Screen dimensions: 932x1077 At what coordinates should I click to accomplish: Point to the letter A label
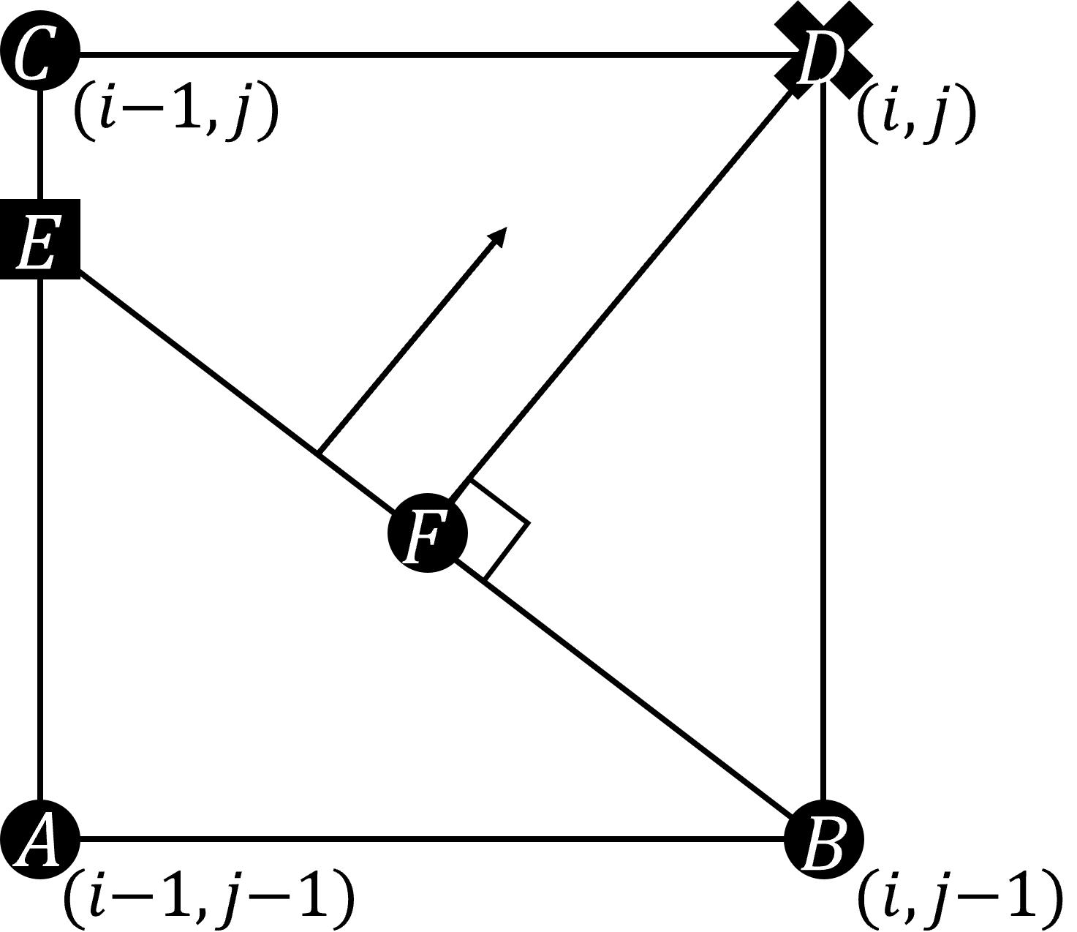(39, 841)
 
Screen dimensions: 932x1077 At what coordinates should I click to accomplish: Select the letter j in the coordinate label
(235, 117)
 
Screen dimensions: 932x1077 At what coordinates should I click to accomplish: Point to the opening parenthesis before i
(83, 116)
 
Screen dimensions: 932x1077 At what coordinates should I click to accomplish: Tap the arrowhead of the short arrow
(498, 236)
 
